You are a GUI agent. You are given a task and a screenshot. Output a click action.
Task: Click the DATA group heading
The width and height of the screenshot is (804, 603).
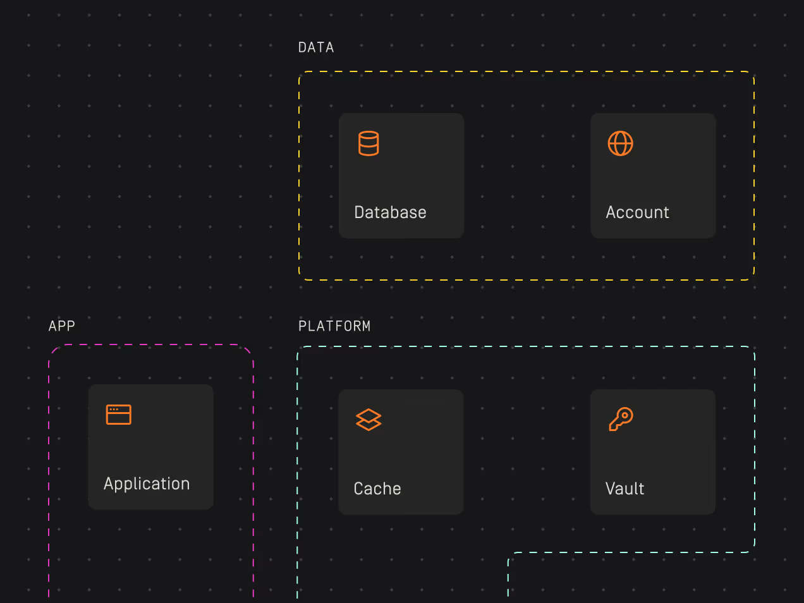click(x=316, y=47)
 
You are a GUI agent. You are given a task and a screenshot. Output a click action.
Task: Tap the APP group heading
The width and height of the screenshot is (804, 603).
click(x=62, y=326)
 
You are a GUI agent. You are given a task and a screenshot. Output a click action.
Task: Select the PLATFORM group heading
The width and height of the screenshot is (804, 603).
click(x=334, y=326)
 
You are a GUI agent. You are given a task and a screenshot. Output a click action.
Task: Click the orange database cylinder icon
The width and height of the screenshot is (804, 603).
click(x=368, y=143)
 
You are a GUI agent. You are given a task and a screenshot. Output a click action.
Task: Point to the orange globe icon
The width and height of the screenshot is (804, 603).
click(x=620, y=143)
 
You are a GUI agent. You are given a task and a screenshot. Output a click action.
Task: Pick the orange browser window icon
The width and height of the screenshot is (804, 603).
click(x=119, y=415)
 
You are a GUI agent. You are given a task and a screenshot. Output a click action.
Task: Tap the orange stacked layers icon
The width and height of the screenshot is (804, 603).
click(x=368, y=420)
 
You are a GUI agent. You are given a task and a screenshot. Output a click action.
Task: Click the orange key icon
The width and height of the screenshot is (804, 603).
click(x=620, y=419)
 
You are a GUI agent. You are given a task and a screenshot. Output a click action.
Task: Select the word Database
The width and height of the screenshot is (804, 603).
click(x=390, y=212)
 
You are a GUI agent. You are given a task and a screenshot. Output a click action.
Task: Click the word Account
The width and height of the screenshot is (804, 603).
click(x=637, y=212)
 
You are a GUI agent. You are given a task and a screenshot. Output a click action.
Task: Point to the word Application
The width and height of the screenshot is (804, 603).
click(x=147, y=484)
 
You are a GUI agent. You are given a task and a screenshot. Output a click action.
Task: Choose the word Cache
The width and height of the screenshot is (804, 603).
click(x=377, y=489)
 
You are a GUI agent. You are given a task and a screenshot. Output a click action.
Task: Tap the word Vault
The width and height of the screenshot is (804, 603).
click(x=624, y=489)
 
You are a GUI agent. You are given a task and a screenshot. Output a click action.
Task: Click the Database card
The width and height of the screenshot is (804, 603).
click(x=401, y=176)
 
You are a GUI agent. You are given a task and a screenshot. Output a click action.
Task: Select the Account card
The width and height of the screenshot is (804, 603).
click(x=653, y=176)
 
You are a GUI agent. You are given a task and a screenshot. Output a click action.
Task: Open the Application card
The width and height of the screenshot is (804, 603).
click(x=151, y=447)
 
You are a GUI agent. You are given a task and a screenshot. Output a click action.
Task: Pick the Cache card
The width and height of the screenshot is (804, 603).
click(x=401, y=452)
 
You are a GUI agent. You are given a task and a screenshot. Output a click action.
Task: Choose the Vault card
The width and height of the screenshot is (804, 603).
click(x=653, y=452)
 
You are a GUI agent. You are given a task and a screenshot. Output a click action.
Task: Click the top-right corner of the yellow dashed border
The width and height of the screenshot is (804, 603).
click(x=753, y=73)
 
